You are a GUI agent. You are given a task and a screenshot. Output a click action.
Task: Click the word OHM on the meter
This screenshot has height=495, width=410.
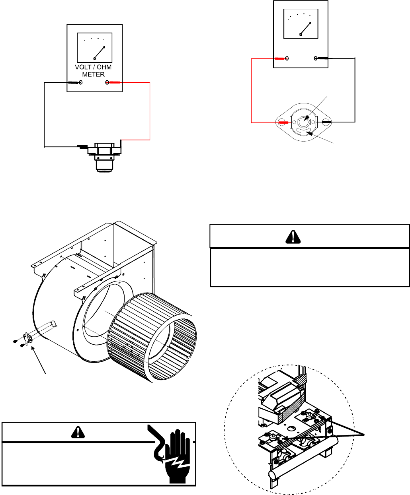(104, 67)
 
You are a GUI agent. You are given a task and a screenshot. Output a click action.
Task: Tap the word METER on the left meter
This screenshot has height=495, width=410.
(93, 74)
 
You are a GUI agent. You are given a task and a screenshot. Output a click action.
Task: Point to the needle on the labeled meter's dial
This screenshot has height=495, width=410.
(100, 52)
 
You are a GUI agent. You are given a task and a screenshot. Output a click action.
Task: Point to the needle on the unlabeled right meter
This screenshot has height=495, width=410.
(306, 29)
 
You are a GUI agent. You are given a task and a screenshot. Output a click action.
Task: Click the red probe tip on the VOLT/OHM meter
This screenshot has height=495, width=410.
(114, 83)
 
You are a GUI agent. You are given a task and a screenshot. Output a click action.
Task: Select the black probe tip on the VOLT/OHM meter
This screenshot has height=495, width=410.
(73, 83)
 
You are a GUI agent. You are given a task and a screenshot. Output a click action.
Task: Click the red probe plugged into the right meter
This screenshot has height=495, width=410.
(280, 58)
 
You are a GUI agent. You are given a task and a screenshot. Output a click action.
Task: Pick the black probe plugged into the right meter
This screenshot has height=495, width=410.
(323, 58)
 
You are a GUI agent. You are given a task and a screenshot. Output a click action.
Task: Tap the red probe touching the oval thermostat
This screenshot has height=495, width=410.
(283, 122)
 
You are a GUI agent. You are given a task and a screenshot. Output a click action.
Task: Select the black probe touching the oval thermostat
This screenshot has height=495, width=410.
(326, 122)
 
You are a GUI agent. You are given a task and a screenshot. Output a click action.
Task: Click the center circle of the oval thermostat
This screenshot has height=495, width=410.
(303, 122)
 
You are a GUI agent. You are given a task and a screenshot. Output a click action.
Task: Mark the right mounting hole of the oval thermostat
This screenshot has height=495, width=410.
(326, 122)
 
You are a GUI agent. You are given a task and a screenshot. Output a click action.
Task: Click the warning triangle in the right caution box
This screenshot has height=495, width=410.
(293, 237)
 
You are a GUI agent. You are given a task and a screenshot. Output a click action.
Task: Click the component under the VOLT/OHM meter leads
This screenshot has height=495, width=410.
(105, 157)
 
